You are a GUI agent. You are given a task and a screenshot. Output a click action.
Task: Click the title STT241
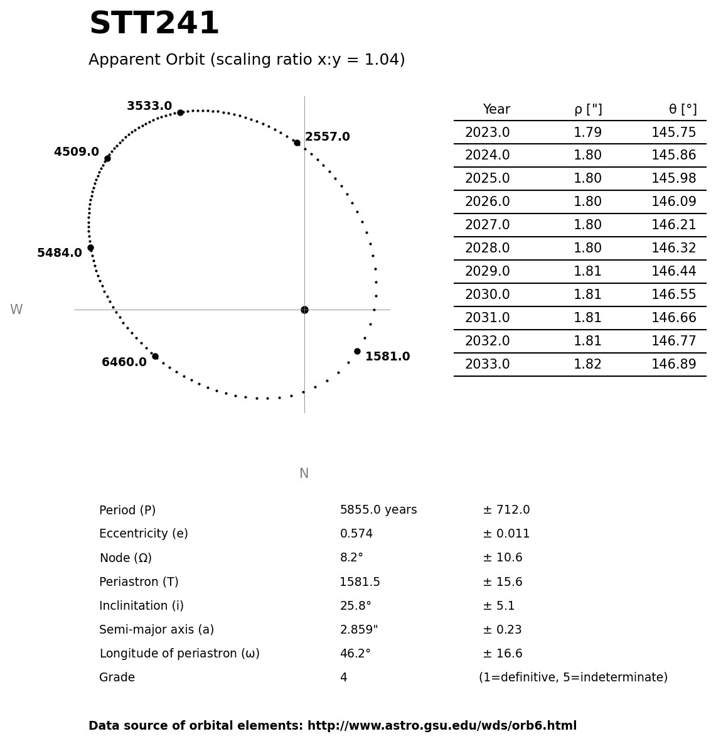154,24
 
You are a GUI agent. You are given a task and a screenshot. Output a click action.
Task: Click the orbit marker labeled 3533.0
180,112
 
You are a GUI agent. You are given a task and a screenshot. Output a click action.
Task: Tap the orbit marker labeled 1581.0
357,351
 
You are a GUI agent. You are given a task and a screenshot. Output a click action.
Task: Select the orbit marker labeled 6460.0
155,356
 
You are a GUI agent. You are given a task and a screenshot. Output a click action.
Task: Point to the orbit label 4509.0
77,152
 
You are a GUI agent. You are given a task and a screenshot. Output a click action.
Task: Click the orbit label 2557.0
328,137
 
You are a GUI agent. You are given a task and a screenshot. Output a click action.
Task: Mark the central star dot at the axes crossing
304,310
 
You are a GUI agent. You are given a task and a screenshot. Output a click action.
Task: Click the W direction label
16,310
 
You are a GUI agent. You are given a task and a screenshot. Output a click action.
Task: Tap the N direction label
304,473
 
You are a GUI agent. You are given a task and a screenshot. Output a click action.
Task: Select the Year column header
496,109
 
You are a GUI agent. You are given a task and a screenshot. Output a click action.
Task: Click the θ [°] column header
682,109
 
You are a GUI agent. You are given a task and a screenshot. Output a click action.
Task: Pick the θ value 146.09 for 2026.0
673,202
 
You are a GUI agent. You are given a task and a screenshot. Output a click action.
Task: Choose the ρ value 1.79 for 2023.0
587,133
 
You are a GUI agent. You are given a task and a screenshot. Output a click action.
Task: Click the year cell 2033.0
487,364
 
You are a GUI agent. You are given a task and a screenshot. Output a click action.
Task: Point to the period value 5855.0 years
378,510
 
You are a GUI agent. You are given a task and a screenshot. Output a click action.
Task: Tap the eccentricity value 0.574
356,534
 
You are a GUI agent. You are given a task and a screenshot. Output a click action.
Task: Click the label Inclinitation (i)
141,606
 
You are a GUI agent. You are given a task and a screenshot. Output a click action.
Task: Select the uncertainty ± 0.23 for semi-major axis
502,630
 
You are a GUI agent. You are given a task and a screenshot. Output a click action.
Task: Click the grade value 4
343,678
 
